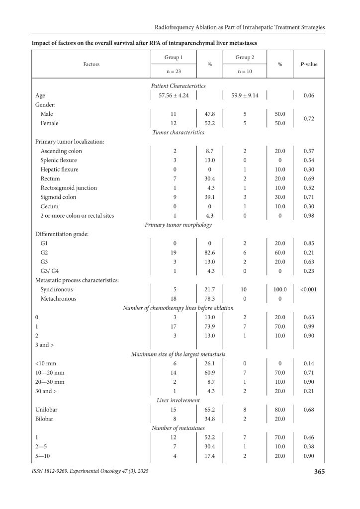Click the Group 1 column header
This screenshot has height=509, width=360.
pyautogui.click(x=174, y=57)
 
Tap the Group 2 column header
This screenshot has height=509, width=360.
pyautogui.click(x=245, y=57)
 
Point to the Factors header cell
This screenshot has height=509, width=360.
pyautogui.click(x=91, y=64)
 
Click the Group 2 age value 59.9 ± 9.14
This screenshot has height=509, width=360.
pyautogui.click(x=245, y=95)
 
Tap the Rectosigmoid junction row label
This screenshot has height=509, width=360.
pyautogui.click(x=69, y=188)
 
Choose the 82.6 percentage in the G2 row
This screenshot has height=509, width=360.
pyautogui.click(x=209, y=253)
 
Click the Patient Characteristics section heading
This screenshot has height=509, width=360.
pyautogui.click(x=179, y=86)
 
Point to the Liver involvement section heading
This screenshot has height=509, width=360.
pyautogui.click(x=178, y=400)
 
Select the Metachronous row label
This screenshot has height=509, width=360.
pyautogui.click(x=58, y=298)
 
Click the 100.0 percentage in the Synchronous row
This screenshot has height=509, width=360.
pyautogui.click(x=280, y=289)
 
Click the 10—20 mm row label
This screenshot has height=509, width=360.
pyautogui.click(x=50, y=372)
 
